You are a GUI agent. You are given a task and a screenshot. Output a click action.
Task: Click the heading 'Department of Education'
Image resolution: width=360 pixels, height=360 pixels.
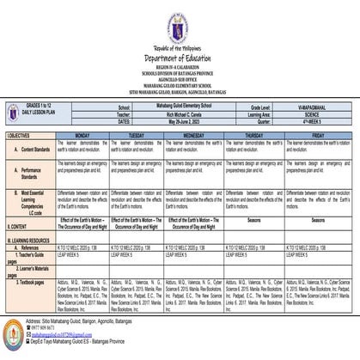tap(179, 56)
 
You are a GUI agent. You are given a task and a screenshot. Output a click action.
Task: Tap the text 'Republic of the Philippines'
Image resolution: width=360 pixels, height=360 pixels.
tap(179, 46)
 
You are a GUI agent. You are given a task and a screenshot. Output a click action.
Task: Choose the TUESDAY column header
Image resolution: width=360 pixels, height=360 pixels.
tap(136, 136)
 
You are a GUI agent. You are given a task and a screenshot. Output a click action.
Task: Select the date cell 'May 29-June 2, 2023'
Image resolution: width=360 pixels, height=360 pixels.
tap(181, 122)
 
